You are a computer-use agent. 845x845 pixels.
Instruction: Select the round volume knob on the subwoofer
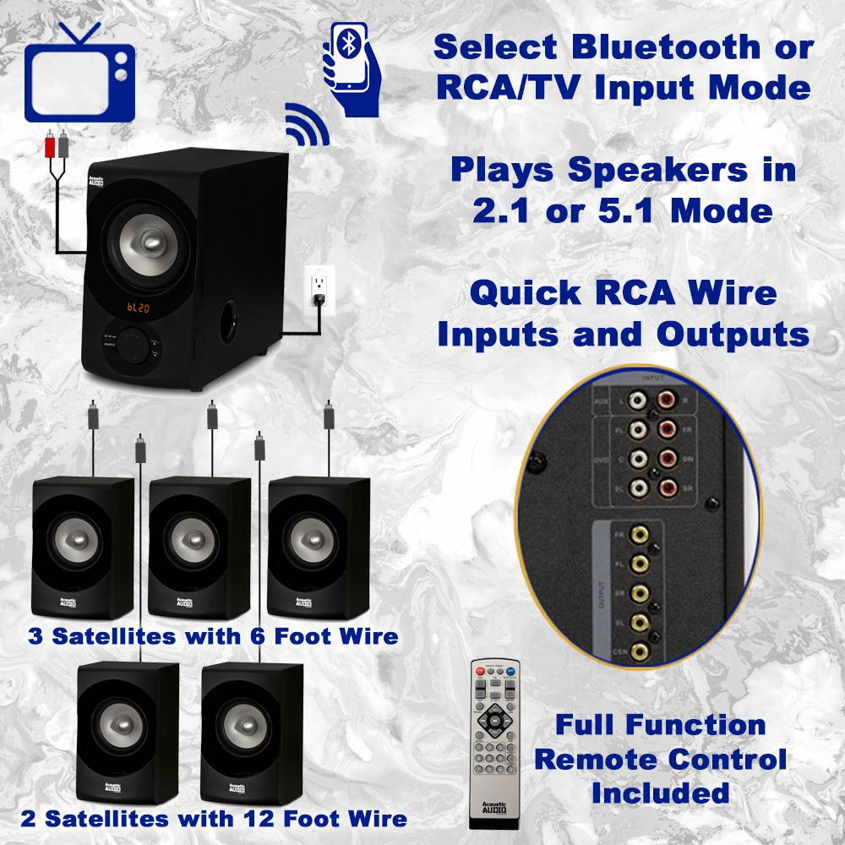[x=132, y=346]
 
